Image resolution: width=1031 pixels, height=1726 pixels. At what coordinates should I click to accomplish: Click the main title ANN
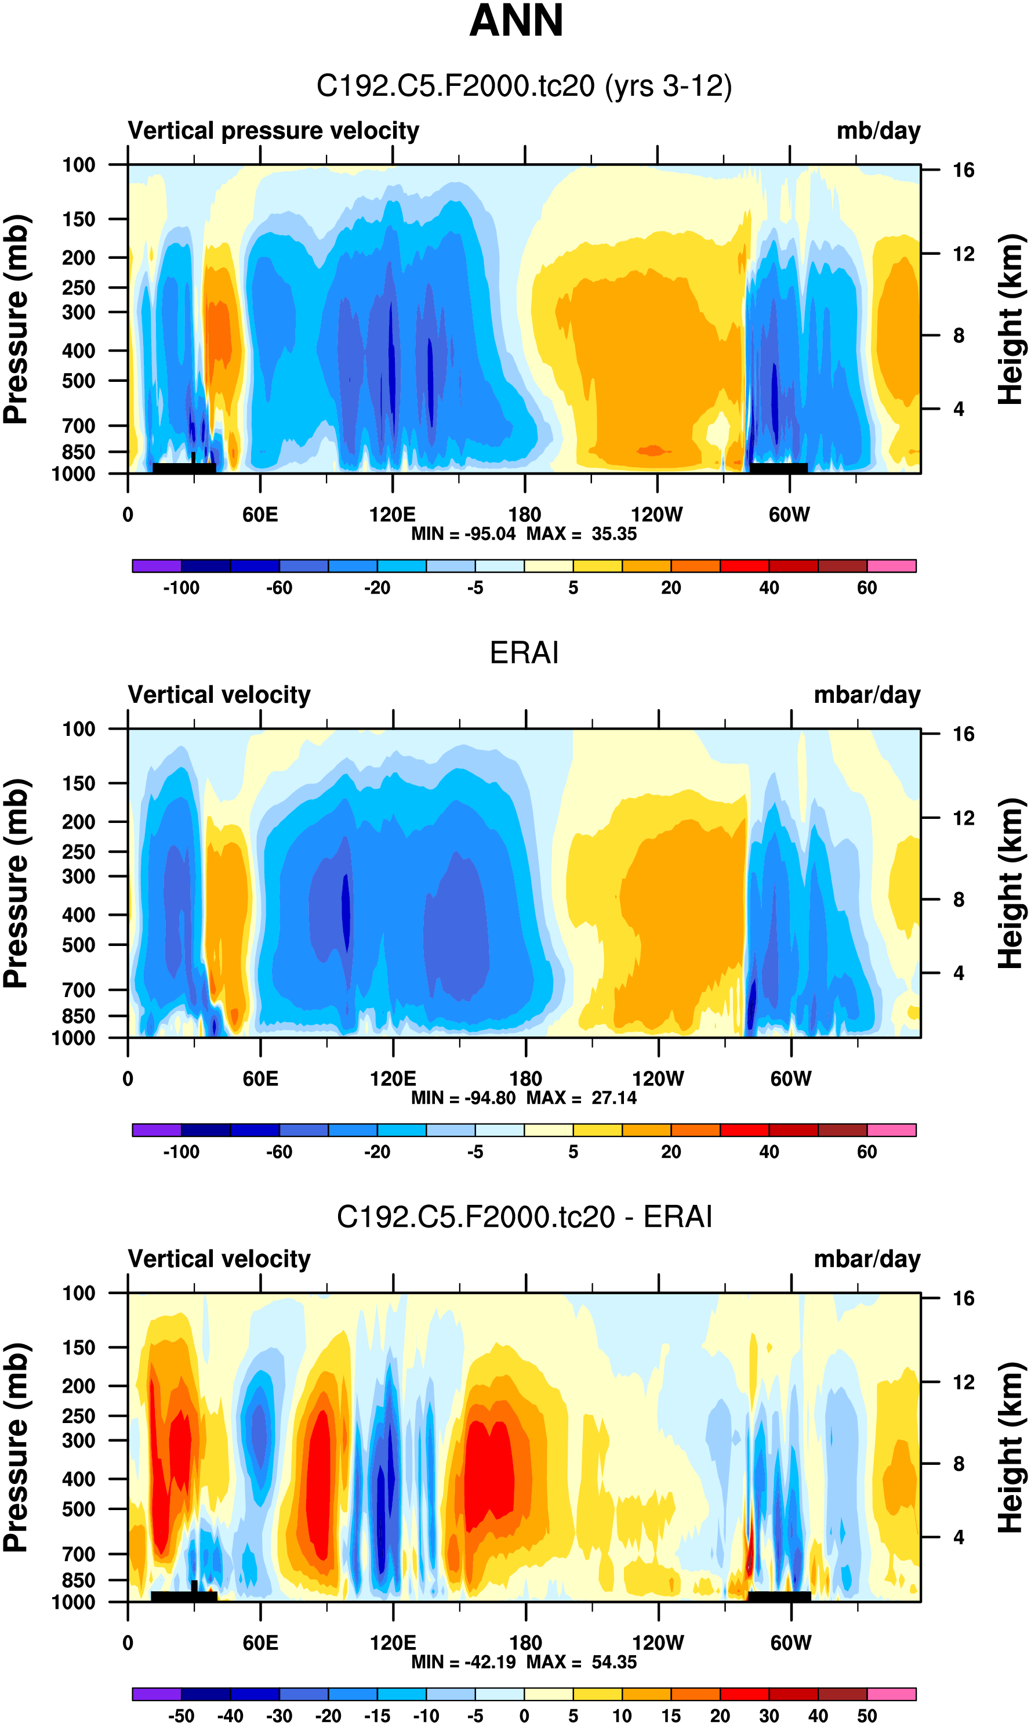[x=515, y=21]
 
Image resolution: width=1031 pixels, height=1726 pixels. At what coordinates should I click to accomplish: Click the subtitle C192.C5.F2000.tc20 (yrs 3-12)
[x=524, y=86]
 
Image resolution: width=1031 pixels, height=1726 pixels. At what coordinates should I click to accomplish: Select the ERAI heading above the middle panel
[x=524, y=653]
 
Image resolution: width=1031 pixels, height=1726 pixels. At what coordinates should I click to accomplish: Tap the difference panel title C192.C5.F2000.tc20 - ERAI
[x=524, y=1217]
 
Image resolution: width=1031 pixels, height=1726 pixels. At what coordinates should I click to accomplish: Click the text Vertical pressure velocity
[x=273, y=131]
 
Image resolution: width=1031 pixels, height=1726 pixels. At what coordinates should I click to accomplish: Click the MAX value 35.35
[x=613, y=534]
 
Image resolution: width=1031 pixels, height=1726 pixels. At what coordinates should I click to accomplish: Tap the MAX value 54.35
[x=613, y=1662]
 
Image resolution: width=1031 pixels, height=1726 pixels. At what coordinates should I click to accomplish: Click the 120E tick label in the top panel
[x=392, y=515]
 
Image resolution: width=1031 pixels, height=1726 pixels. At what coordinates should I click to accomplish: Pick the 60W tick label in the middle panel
[x=790, y=1079]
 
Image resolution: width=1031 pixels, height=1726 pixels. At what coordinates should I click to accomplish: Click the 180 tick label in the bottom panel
[x=525, y=1643]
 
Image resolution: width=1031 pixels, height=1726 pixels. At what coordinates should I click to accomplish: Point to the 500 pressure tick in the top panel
[x=78, y=381]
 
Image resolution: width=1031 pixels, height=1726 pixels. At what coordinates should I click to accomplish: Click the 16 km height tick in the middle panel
[x=963, y=734]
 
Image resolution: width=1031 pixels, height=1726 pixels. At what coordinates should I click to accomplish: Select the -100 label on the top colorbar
[x=181, y=588]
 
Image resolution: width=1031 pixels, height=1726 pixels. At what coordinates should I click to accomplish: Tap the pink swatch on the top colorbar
[x=891, y=566]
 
